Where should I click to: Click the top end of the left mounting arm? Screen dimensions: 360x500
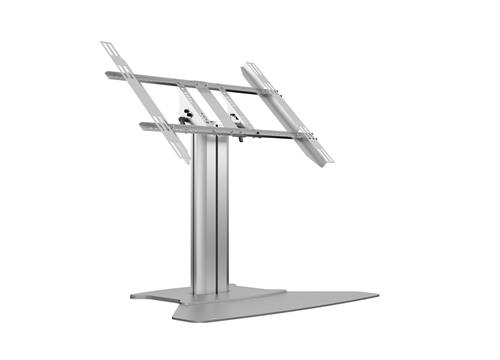(x=105, y=45)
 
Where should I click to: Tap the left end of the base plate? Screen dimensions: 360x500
(x=133, y=295)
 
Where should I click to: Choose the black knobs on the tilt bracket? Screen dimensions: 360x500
(x=184, y=122)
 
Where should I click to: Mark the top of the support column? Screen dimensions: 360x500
(x=213, y=138)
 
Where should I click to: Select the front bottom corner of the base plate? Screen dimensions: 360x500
(x=180, y=318)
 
